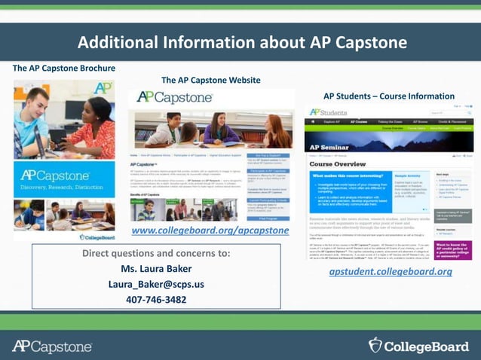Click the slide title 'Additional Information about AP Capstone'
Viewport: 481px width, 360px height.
[242, 42]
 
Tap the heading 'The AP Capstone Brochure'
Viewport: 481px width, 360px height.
[64, 69]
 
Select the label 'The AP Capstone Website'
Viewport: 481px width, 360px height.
[211, 81]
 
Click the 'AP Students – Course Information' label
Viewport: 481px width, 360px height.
[389, 96]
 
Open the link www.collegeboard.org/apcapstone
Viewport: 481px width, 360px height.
[210, 230]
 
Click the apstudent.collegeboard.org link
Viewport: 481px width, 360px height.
[391, 271]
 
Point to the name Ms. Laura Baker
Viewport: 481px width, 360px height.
[156, 269]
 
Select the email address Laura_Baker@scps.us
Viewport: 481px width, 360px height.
[156, 284]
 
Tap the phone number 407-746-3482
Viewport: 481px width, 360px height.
[156, 299]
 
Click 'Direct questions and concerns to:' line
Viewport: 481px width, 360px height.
[156, 253]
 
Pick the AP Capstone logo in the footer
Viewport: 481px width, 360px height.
[52, 346]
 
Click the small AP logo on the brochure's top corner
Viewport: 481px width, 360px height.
[103, 87]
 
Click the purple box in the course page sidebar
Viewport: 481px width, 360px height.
[453, 249]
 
